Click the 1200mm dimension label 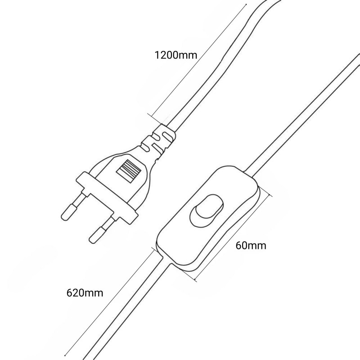pyautogui.click(x=176, y=55)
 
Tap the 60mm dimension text pyautogui.click(x=251, y=246)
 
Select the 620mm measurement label pyautogui.click(x=85, y=293)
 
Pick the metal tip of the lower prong pyautogui.click(x=97, y=235)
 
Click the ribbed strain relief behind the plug pyautogui.click(x=158, y=142)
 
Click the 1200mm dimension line pyautogui.click(x=199, y=61)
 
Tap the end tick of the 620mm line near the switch pyautogui.click(x=155, y=250)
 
